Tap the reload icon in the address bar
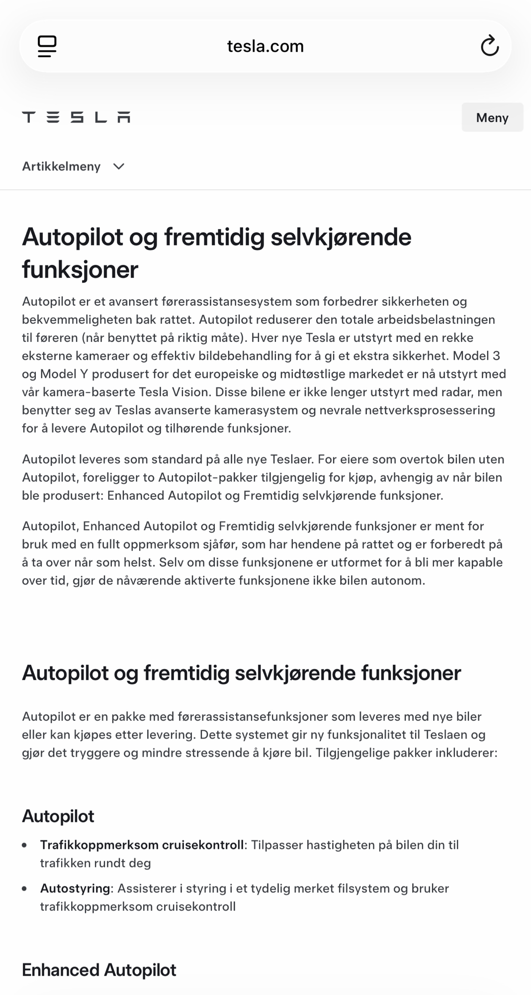click(489, 46)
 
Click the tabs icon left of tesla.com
click(47, 46)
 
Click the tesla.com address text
click(265, 46)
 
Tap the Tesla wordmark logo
click(76, 117)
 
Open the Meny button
click(492, 117)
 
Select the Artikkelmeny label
click(61, 166)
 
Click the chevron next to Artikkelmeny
click(119, 166)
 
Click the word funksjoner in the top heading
click(80, 270)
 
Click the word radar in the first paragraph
click(456, 392)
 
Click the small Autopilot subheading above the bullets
click(58, 816)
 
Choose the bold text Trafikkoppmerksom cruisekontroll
click(142, 845)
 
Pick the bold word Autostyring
click(75, 888)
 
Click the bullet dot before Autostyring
click(25, 888)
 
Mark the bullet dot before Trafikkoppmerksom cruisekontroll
click(25, 845)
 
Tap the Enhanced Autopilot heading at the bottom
click(99, 970)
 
